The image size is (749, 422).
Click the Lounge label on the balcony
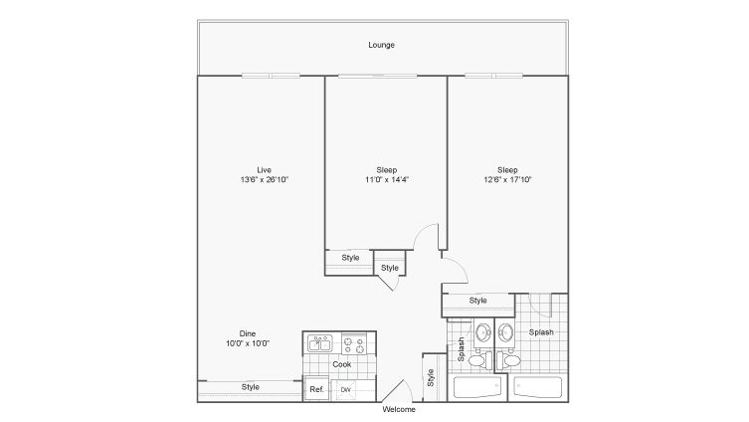pos(381,45)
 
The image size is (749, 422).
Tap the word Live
pos(265,170)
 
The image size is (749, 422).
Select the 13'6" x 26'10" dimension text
pos(265,180)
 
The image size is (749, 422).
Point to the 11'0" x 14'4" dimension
pos(387,180)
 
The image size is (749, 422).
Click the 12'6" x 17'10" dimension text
pos(507,180)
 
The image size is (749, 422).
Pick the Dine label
pos(248,333)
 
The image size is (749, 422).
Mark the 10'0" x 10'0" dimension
pos(248,343)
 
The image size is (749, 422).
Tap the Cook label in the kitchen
pos(342,364)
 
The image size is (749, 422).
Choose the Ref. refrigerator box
pos(316,389)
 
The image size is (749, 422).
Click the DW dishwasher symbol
pos(346,390)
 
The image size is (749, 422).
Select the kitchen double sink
pos(320,343)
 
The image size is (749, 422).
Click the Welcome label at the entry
pos(399,410)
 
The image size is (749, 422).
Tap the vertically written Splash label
pos(461,349)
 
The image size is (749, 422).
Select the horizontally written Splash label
pos(541,332)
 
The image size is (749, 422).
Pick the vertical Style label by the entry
pos(431,377)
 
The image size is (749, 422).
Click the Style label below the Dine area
pos(251,387)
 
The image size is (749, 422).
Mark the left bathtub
pos(477,387)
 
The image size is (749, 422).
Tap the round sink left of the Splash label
pos(505,331)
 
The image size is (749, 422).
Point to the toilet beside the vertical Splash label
pos(480,360)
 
